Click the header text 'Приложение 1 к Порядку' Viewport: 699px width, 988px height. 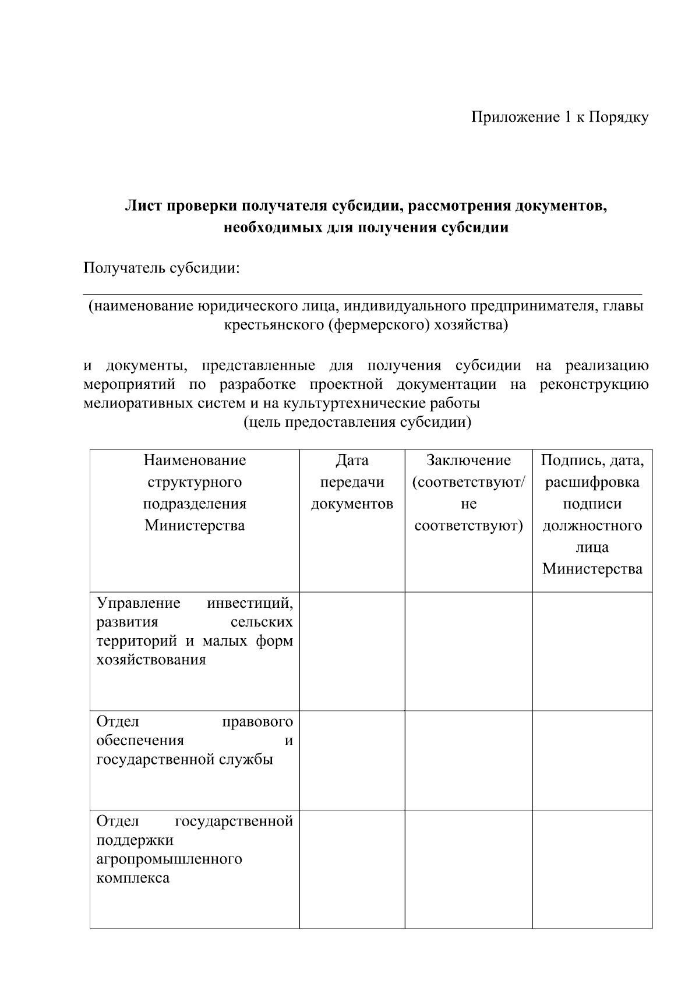tap(559, 118)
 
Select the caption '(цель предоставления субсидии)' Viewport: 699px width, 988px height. tap(356, 422)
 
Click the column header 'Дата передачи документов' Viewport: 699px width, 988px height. tap(352, 482)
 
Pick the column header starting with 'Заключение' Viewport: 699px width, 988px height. tap(468, 493)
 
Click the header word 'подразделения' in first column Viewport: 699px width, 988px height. tap(195, 504)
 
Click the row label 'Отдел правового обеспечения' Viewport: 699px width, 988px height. tap(195, 731)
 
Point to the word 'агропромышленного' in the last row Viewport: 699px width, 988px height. tap(169, 859)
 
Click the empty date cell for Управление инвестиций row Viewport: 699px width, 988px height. tap(352, 651)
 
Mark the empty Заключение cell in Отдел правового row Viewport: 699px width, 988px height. tap(468, 760)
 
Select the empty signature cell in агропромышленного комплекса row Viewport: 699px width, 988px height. tap(592, 869)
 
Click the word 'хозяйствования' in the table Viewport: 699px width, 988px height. tap(151, 660)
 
